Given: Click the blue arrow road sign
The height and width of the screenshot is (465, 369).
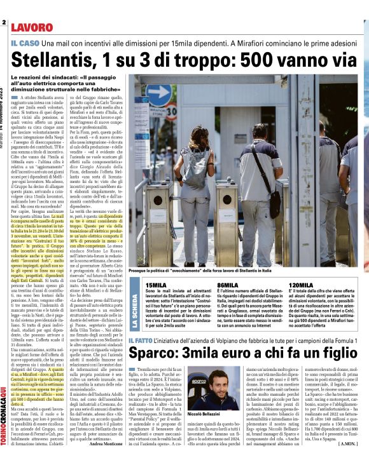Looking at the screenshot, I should tap(159, 96).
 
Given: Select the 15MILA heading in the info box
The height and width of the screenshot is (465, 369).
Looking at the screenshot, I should tap(157, 285).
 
